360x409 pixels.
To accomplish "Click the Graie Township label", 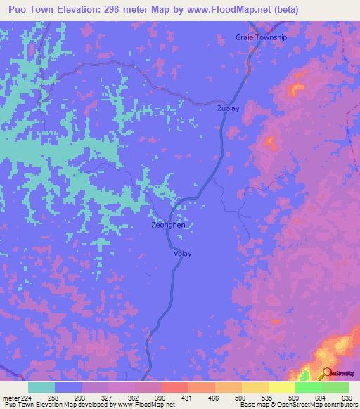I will (x=262, y=37).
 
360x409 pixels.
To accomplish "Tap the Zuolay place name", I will (x=229, y=109).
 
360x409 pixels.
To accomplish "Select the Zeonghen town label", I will (x=169, y=225).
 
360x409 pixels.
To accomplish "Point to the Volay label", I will (x=182, y=254).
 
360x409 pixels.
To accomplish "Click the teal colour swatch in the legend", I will (x=41, y=387).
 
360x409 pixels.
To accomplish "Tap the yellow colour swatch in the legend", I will (x=281, y=387).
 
